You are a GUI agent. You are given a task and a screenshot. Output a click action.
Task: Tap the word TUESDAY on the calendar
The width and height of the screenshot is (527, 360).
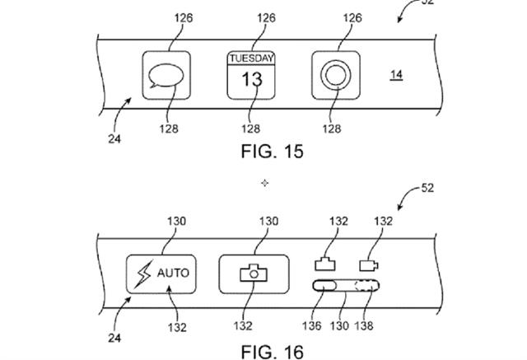[x=251, y=58]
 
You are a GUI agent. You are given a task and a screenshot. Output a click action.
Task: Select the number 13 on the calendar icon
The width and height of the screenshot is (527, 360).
[x=251, y=79]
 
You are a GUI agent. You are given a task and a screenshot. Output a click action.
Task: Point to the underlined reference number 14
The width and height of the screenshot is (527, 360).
[x=396, y=75]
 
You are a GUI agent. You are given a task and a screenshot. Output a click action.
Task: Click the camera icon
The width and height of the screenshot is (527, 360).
[x=254, y=271]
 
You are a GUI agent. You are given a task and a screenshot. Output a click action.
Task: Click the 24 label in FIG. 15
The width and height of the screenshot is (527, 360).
[x=114, y=138]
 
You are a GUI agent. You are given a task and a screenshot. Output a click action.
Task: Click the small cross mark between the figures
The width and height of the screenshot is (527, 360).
[x=264, y=181]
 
